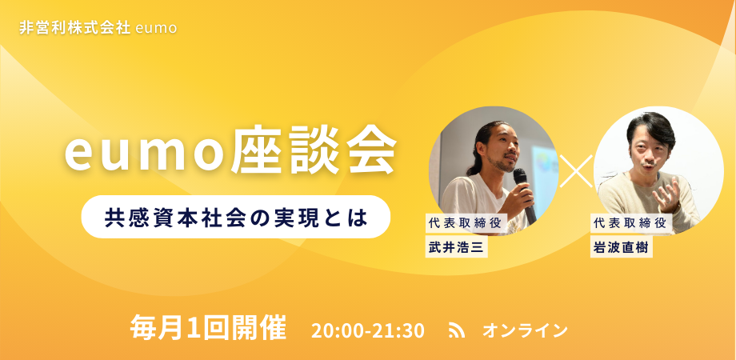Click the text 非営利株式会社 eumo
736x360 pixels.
coord(98,27)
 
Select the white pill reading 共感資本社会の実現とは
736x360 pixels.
coord(235,217)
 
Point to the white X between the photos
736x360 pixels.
coord(576,170)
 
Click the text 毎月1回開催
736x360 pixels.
coord(207,329)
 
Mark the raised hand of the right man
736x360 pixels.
coord(666,194)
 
